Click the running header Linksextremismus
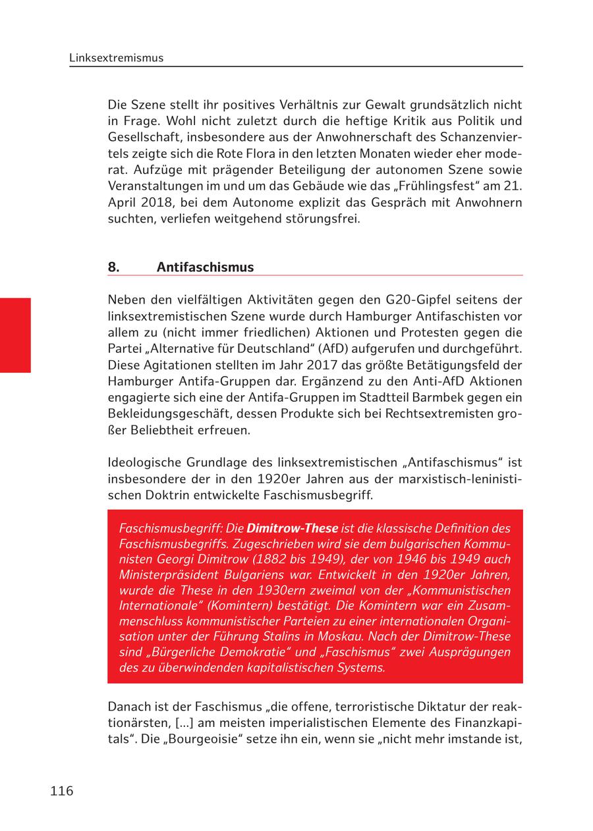click(x=116, y=58)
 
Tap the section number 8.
click(x=113, y=267)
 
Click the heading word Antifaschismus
click(x=205, y=267)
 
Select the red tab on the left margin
click(x=15, y=335)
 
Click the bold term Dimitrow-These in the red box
click(x=292, y=528)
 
